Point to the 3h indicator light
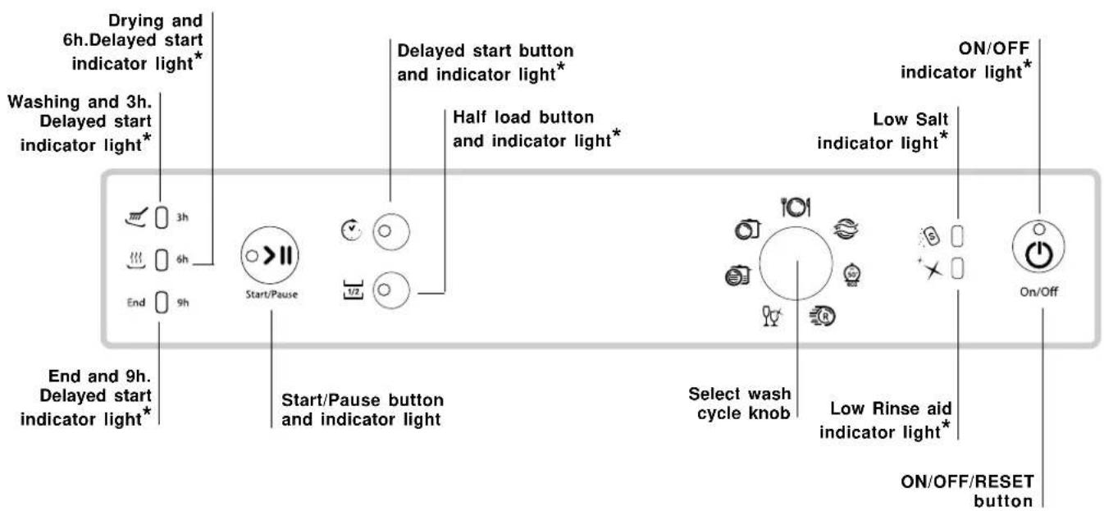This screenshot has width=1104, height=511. click(162, 219)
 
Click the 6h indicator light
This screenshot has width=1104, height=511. click(162, 256)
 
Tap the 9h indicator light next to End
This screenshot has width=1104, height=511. click(162, 302)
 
